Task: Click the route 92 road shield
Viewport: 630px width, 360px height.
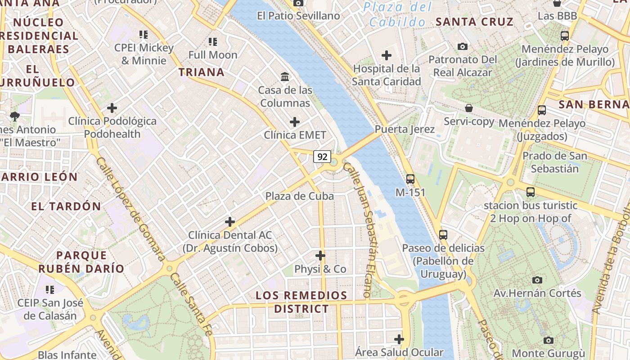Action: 322,157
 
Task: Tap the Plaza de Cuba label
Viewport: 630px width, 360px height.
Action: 299,196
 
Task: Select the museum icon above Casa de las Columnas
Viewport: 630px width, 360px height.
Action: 285,77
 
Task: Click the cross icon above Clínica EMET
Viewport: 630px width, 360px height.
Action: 295,122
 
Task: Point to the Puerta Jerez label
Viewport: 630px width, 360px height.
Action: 405,130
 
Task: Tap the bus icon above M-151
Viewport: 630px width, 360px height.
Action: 410,179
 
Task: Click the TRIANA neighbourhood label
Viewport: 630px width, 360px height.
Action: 201,72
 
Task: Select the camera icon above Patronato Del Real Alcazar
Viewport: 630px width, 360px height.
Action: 462,46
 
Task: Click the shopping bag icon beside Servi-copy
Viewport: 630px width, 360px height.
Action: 469,108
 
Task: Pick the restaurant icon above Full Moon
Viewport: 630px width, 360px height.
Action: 213,42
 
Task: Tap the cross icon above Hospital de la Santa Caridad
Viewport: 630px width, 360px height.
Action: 386,55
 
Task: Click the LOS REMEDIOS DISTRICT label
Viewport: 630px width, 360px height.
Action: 301,302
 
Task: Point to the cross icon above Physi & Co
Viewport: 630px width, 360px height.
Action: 320,256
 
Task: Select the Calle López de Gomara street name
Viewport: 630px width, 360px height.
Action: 131,209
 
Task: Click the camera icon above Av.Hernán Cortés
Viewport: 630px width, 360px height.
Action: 537,280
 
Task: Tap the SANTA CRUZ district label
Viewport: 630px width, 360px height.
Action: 474,22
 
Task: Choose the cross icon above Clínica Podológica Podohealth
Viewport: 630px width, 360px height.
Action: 112,108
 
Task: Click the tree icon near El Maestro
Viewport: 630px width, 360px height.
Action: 15,117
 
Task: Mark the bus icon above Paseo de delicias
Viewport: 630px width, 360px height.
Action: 443,234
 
